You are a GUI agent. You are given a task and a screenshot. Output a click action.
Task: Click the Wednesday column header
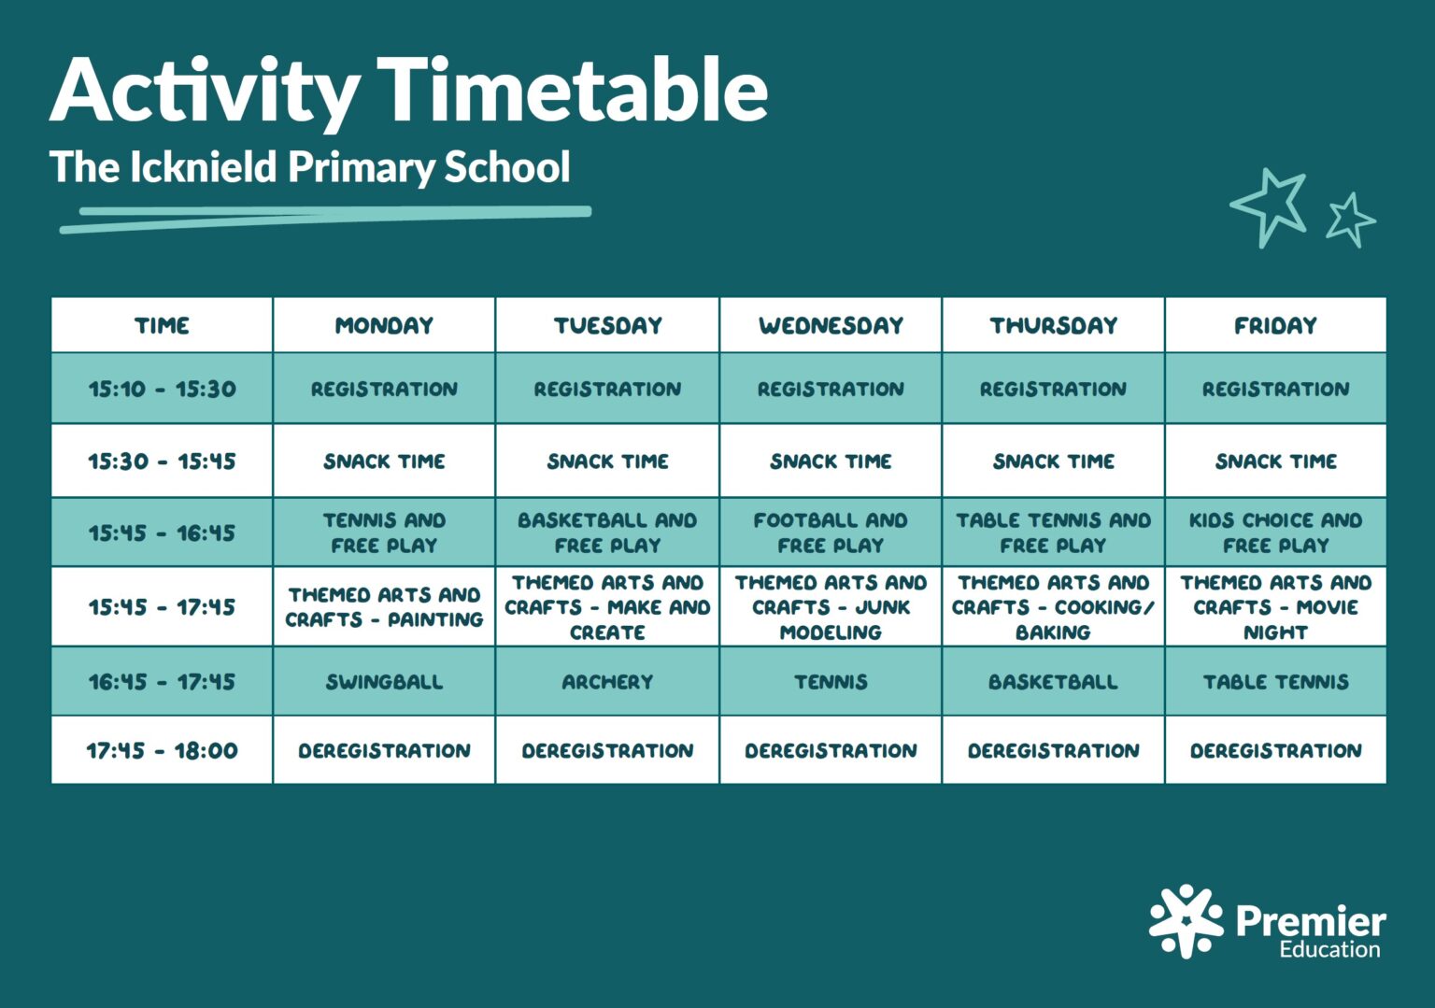831,325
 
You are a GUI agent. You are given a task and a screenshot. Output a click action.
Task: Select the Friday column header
1275,325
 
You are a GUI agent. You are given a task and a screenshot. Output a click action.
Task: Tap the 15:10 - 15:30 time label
162,389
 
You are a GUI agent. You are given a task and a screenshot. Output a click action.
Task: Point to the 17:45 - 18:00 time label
162,750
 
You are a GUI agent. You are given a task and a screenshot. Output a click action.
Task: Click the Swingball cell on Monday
384,682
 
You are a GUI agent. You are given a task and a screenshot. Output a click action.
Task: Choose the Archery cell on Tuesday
607,682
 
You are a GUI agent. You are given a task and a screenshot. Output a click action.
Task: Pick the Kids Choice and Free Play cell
1275,532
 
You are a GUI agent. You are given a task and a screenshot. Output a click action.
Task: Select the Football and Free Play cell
831,532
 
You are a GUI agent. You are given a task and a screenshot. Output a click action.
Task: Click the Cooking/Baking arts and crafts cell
1053,607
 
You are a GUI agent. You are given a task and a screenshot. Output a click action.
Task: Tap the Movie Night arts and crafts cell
1275,607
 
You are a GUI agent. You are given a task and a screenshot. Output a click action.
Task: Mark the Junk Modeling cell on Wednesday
831,607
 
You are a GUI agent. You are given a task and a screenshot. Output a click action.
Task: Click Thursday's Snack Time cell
1053,461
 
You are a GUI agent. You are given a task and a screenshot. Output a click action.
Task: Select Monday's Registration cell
384,389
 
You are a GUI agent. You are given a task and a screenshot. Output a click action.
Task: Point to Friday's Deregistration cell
1275,750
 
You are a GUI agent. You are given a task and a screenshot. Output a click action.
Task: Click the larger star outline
1270,206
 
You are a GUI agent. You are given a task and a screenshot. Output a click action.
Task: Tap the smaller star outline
1350,220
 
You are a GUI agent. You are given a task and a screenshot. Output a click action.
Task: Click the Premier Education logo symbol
1186,920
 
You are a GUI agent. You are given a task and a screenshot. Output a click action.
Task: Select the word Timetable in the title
572,91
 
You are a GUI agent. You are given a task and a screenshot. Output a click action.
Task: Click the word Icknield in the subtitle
203,167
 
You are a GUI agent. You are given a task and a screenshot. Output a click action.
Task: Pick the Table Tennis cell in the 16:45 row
1275,682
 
